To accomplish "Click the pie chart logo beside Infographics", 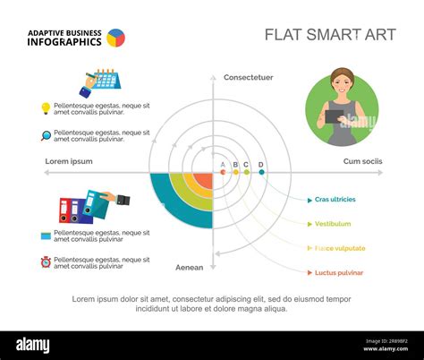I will [x=115, y=38].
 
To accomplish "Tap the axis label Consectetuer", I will [x=248, y=78].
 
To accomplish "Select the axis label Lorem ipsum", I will [x=69, y=161].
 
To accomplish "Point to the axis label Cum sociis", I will [x=362, y=161].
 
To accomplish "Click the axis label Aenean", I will [x=189, y=267].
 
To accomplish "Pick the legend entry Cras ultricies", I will [x=335, y=199].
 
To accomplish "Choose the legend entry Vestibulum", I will [x=333, y=223].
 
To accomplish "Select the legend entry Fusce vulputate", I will [x=340, y=248].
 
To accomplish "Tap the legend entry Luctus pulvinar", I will [x=339, y=272].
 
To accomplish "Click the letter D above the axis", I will [x=261, y=165].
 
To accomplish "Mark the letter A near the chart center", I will [x=223, y=165].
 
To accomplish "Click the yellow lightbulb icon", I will [x=46, y=108].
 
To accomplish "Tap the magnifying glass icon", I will [x=46, y=136].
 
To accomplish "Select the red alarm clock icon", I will [x=46, y=262].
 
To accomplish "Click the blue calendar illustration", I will [x=107, y=78].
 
